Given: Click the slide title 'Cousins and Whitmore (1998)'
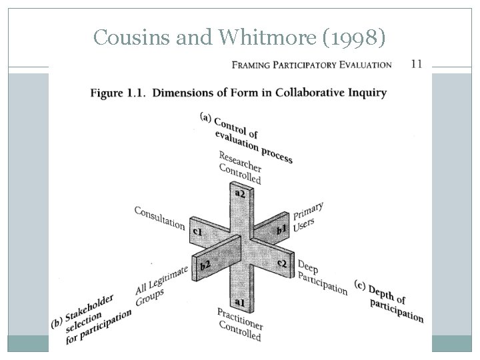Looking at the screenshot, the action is click(x=239, y=38).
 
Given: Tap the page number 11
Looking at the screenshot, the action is click(x=416, y=64).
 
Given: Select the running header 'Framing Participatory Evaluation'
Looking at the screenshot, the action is click(x=311, y=65).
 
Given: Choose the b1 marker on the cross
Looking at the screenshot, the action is click(x=283, y=229).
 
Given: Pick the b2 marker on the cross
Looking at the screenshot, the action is click(x=205, y=266).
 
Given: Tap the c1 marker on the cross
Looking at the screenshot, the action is click(x=197, y=231).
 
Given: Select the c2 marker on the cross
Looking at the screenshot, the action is click(x=282, y=263).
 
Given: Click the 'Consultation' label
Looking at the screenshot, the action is click(x=160, y=217).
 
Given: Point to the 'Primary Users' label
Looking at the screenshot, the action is click(x=308, y=217).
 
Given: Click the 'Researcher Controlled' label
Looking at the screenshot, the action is click(x=241, y=167).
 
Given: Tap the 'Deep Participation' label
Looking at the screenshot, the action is click(x=322, y=278).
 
